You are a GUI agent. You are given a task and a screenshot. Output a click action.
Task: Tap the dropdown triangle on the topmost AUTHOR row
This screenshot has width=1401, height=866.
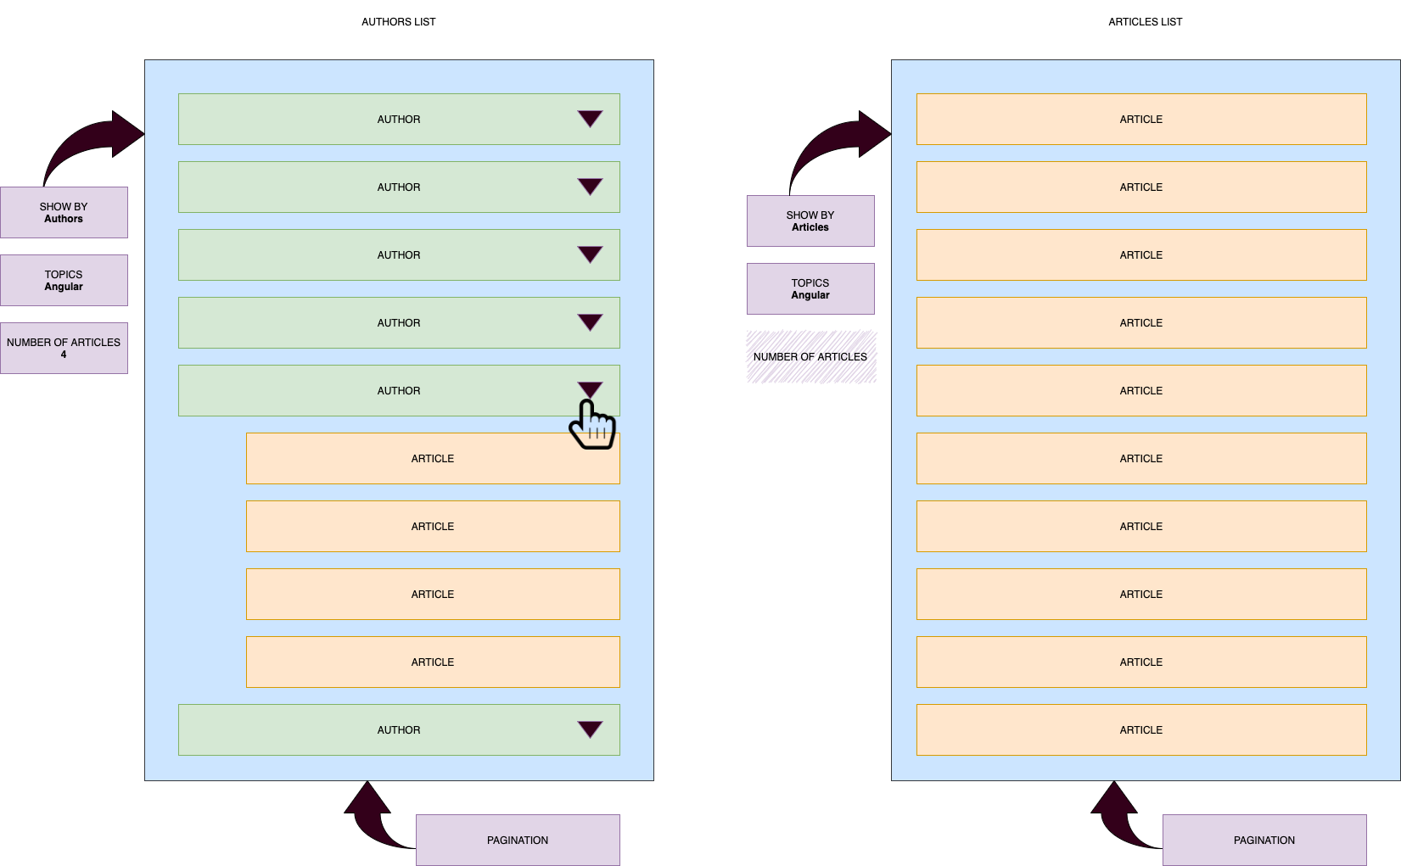(590, 119)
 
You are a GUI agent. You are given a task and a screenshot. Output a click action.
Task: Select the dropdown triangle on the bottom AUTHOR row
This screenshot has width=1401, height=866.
(590, 729)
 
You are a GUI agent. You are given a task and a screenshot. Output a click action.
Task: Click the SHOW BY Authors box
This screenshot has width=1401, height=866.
(64, 212)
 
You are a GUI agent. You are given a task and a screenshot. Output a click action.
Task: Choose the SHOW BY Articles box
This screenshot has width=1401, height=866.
(810, 221)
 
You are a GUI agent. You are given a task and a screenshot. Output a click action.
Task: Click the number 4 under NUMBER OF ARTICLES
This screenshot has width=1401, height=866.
(64, 355)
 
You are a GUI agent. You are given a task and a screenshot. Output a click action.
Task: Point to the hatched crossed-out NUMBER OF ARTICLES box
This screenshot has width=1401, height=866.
(811, 357)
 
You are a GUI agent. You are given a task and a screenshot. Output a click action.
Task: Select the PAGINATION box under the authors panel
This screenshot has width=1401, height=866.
(518, 840)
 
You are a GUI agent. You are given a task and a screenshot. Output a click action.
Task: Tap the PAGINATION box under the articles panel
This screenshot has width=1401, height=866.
(1264, 840)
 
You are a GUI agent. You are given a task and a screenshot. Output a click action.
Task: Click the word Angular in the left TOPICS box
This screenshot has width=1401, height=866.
(64, 287)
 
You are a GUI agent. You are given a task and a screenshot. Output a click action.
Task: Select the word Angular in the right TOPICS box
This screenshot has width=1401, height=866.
(810, 295)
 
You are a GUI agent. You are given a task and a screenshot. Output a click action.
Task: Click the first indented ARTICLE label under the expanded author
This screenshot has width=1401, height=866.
(433, 458)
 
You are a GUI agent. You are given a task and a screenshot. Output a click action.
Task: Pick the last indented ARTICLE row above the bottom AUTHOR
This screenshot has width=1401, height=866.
(433, 662)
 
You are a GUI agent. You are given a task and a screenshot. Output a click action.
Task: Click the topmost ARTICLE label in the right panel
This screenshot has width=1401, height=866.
(1141, 119)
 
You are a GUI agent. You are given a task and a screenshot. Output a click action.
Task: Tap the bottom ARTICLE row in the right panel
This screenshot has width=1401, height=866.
(1141, 729)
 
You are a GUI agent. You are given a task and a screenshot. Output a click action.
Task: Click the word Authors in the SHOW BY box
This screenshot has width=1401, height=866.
(64, 219)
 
